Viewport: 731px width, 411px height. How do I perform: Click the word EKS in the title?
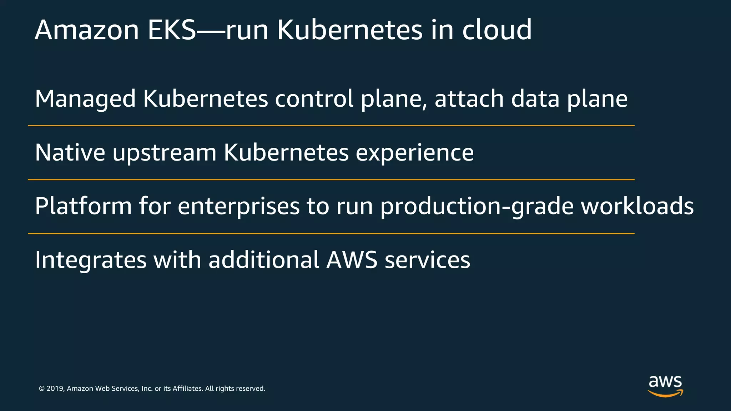[172, 30]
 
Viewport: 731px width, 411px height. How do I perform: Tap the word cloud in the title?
[497, 30]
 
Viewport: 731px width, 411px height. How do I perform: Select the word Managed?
[85, 99]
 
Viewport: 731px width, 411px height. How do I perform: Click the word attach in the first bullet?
[469, 99]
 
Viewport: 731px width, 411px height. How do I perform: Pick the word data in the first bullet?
[535, 99]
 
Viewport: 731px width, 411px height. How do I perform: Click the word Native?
[70, 153]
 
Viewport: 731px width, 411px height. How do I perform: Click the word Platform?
[84, 207]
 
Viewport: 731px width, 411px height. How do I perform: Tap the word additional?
[264, 260]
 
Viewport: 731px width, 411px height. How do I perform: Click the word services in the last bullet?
[427, 260]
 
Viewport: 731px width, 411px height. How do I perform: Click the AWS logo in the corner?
[665, 386]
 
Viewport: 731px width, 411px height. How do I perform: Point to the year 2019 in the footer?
[55, 389]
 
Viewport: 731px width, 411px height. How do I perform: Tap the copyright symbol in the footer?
[42, 389]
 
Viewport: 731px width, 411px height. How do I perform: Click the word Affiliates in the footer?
[187, 389]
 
